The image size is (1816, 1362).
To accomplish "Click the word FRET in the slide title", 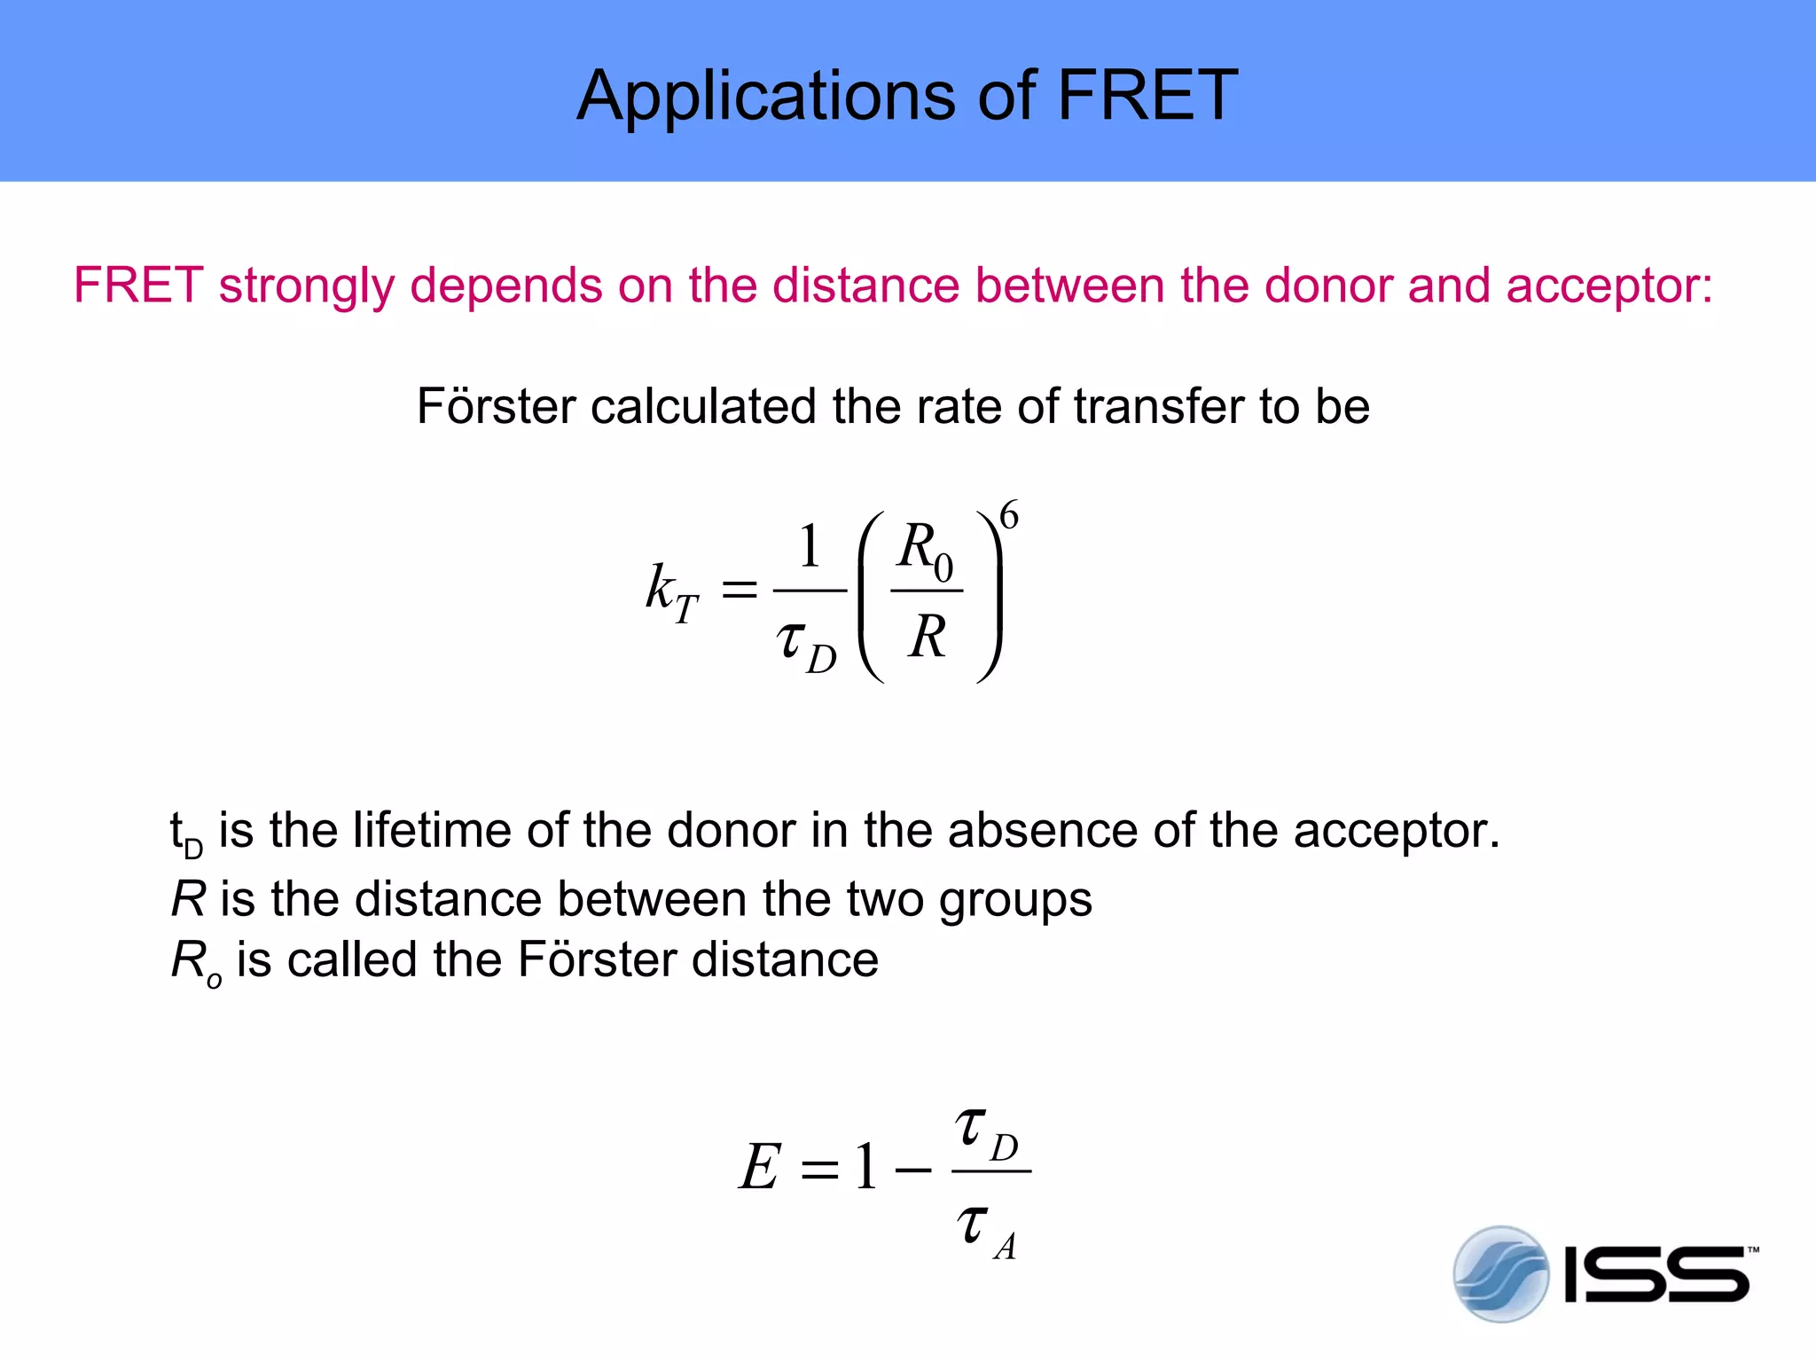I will [1147, 95].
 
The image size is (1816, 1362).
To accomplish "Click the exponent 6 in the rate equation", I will [1009, 515].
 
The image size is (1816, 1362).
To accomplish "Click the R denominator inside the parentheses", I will [928, 636].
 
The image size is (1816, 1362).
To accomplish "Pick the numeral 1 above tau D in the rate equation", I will [809, 546].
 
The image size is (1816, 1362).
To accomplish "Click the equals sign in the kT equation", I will [740, 590].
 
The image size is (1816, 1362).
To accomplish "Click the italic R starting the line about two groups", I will [188, 899].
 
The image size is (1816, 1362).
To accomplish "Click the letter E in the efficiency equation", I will [761, 1167].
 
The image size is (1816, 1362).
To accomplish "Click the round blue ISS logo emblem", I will [1500, 1274].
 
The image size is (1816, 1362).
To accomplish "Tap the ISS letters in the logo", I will [1656, 1275].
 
